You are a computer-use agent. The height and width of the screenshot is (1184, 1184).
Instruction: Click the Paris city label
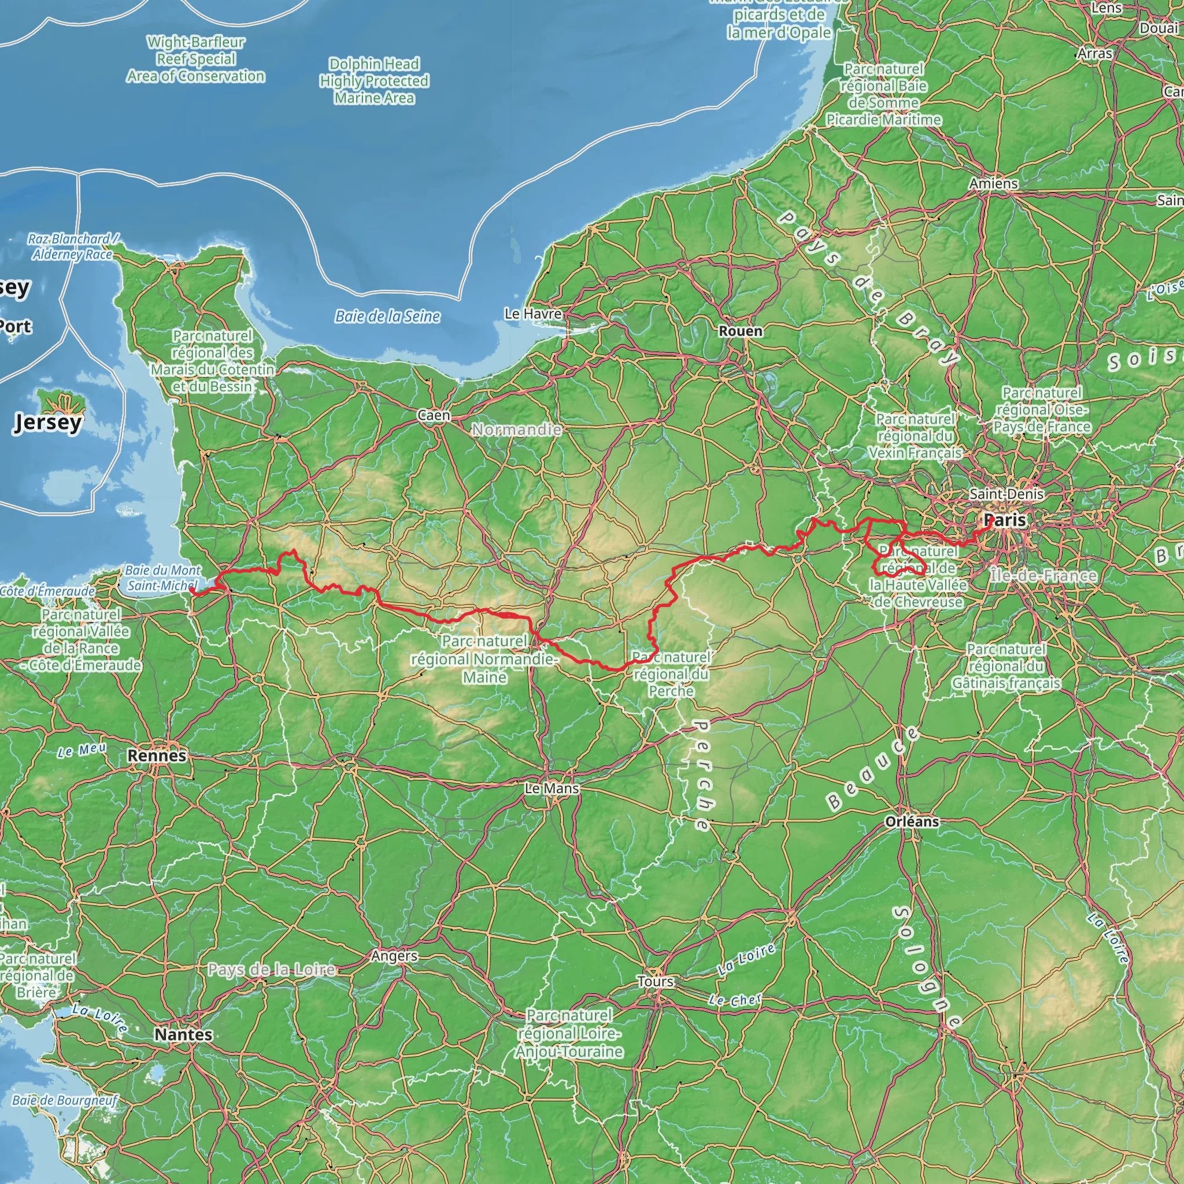click(x=1006, y=520)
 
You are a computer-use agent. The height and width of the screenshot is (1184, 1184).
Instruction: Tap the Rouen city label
click(x=741, y=331)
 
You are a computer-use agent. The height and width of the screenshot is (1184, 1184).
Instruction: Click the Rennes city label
click(x=157, y=756)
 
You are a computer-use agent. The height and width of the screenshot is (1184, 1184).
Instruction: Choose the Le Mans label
click(x=552, y=789)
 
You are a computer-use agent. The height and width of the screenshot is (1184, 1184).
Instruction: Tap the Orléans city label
click(x=912, y=821)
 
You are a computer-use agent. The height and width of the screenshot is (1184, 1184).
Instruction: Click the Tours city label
click(x=655, y=981)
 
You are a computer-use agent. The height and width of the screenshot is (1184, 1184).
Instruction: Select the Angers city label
click(x=394, y=956)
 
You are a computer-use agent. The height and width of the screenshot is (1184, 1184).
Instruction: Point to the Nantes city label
click(x=183, y=1034)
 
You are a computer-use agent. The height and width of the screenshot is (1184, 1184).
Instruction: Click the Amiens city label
click(x=993, y=183)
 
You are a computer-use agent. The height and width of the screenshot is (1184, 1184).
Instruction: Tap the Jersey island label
click(x=47, y=421)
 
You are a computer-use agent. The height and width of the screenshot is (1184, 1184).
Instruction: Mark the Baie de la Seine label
click(x=387, y=316)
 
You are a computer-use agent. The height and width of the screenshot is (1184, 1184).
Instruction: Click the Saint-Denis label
click(x=1006, y=493)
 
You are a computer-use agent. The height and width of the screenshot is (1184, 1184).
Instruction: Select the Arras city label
click(x=1094, y=53)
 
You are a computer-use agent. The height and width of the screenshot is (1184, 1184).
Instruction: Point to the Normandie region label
click(x=516, y=430)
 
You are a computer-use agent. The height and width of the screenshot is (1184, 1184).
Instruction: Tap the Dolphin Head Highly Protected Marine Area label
click(x=374, y=81)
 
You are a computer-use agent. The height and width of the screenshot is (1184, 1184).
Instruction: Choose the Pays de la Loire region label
click(x=272, y=970)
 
